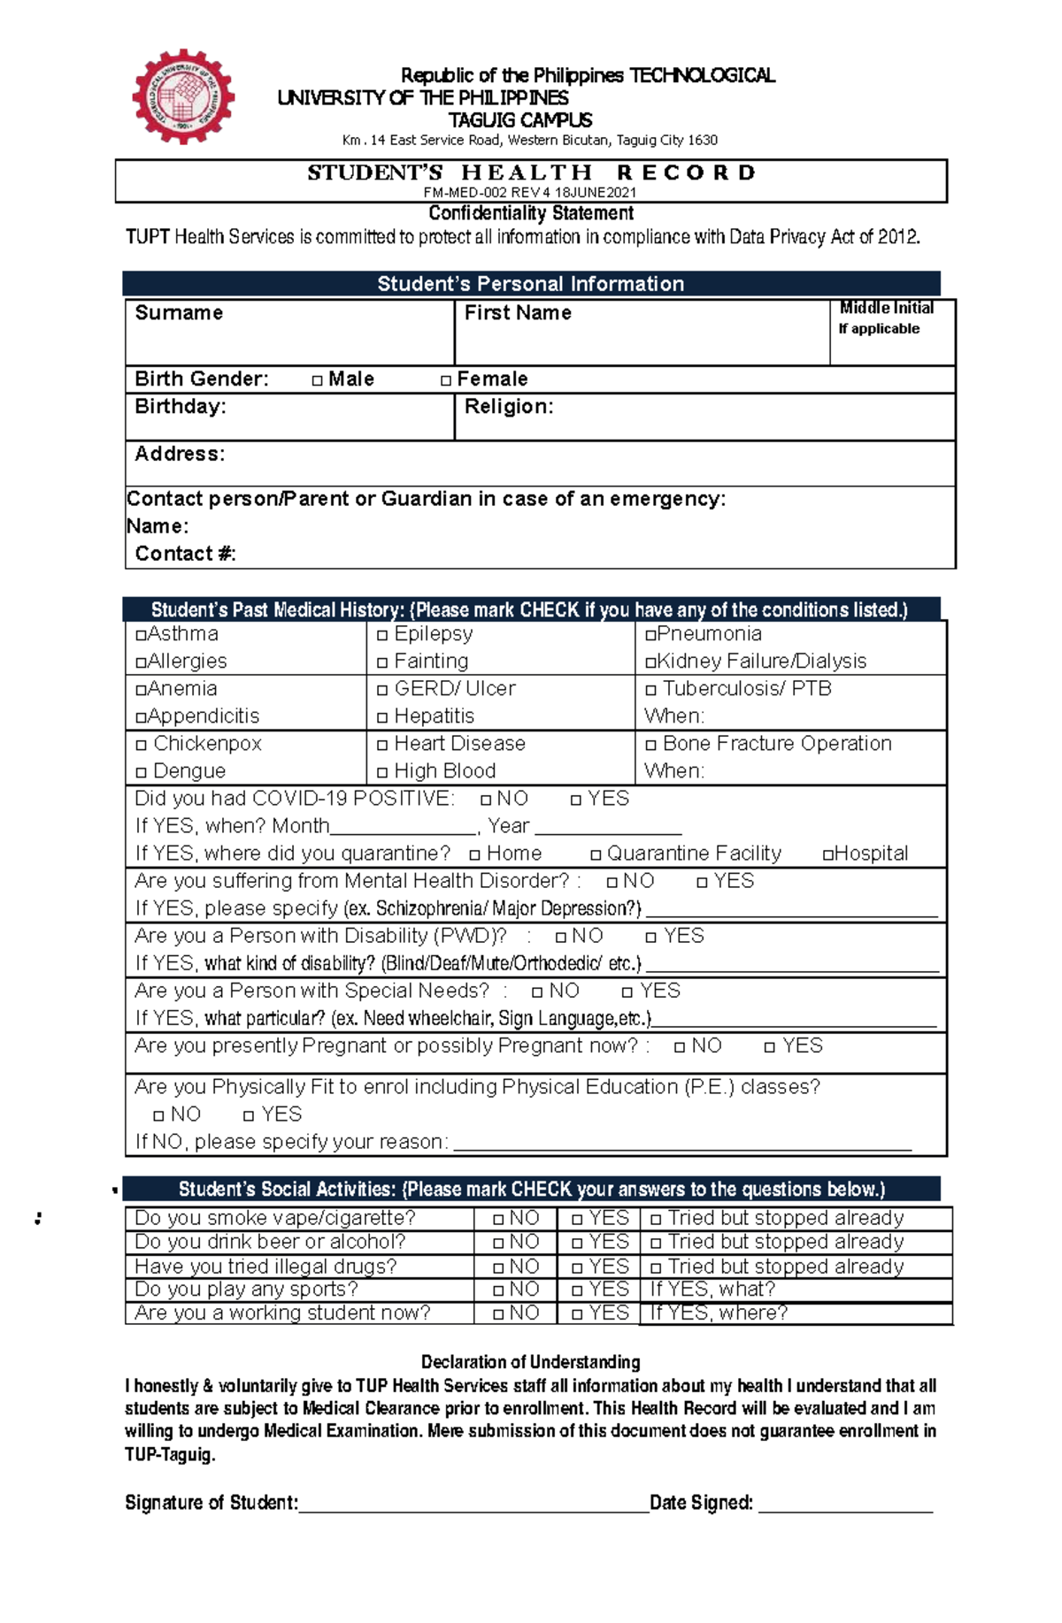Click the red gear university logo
click(x=183, y=96)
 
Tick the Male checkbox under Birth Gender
click(x=317, y=380)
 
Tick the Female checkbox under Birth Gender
click(x=446, y=380)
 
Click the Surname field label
click(x=179, y=313)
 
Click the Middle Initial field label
click(x=886, y=309)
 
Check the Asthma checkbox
click(x=141, y=635)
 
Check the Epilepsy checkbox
click(x=382, y=635)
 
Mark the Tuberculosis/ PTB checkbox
click(x=650, y=690)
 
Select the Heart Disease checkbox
click(x=382, y=745)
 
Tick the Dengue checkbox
click(x=141, y=772)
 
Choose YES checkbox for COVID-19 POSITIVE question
click(x=576, y=800)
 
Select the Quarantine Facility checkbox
click(x=596, y=854)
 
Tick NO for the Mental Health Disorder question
click(x=612, y=882)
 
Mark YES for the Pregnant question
click(x=770, y=1047)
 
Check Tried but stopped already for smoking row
click(x=656, y=1219)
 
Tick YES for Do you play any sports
click(x=577, y=1290)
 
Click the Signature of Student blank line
click(x=473, y=1504)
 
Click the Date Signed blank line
click(x=845, y=1504)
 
